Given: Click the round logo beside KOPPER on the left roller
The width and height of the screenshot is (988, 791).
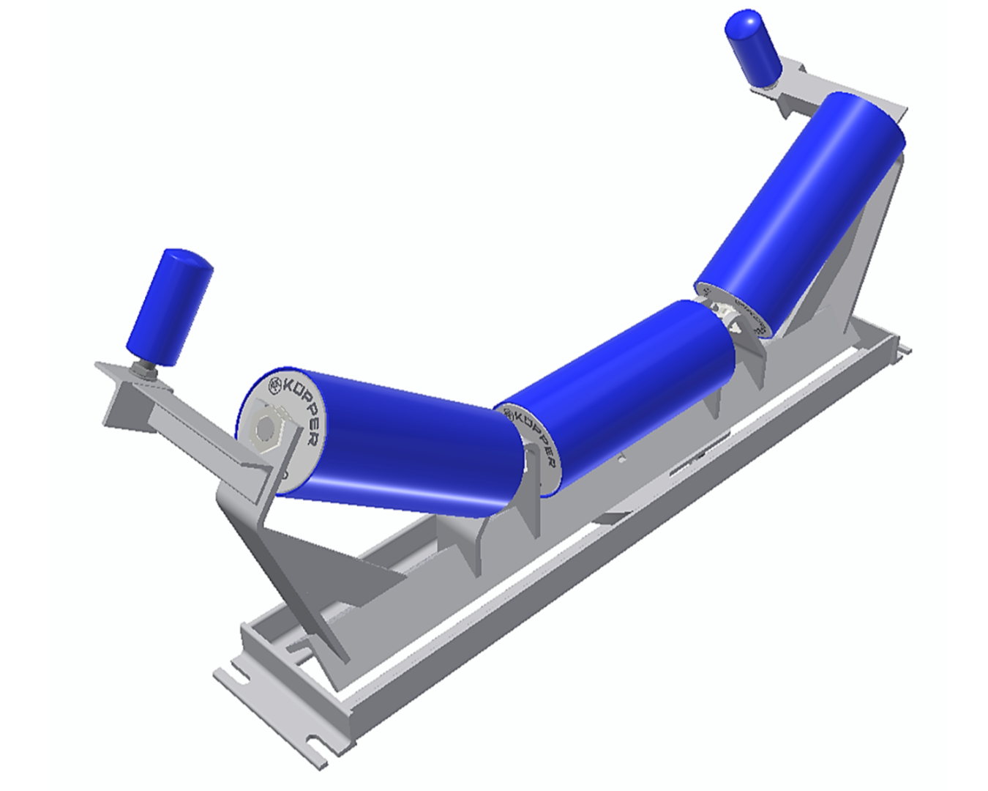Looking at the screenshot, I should [275, 385].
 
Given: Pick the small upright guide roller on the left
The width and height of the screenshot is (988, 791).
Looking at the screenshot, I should [169, 308].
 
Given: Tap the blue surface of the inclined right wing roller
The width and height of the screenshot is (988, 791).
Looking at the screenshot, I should [805, 205].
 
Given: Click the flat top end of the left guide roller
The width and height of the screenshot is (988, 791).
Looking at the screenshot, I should [187, 259].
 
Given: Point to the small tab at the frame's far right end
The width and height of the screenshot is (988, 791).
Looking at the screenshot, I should [905, 350].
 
